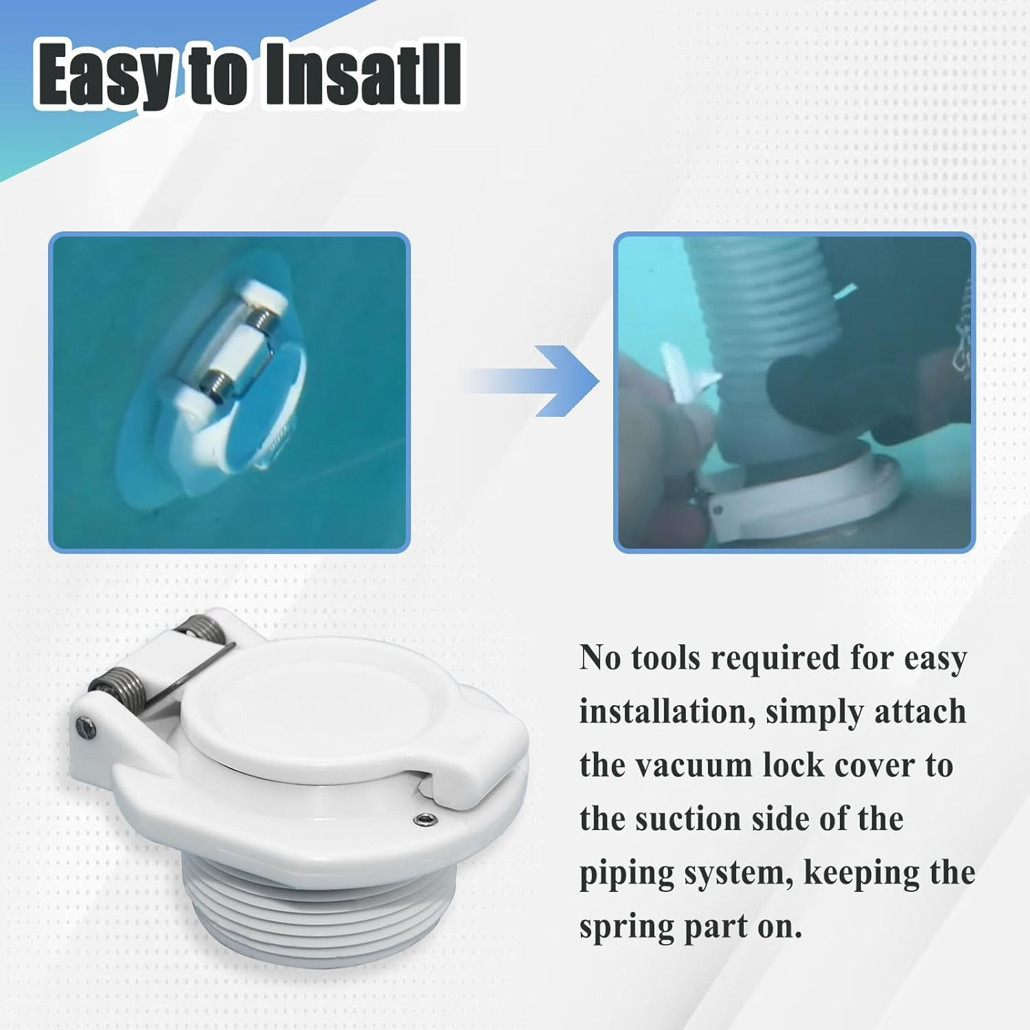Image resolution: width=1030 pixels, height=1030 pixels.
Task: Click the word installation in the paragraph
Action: (663, 712)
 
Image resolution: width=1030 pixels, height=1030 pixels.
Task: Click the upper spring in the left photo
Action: (260, 318)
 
